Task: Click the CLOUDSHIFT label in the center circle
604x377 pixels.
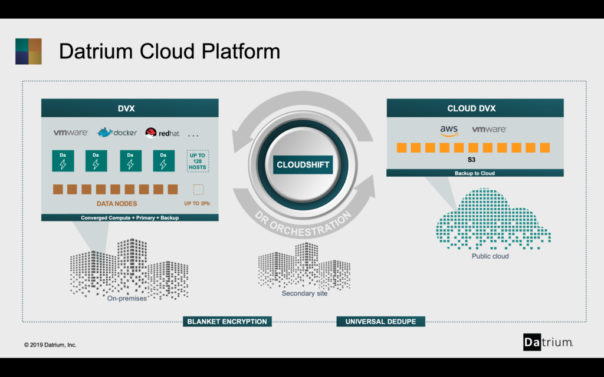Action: click(x=303, y=165)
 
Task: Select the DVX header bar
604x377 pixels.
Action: click(x=130, y=108)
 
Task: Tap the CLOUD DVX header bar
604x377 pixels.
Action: click(x=475, y=108)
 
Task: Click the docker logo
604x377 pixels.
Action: click(x=117, y=133)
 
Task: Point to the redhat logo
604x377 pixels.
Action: click(x=162, y=133)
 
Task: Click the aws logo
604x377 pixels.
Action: click(x=449, y=131)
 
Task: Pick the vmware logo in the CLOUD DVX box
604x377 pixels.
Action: click(x=489, y=129)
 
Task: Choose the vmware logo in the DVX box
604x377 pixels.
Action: click(x=71, y=133)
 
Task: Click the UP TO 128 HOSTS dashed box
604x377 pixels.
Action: click(x=198, y=161)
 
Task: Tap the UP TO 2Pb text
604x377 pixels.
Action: click(x=197, y=203)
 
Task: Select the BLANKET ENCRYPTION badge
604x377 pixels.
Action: click(x=227, y=322)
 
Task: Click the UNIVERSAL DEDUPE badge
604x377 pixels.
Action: click(x=380, y=322)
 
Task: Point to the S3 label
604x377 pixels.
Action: click(x=471, y=160)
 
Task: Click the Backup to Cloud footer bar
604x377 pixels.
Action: click(x=475, y=173)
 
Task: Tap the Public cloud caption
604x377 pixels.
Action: click(x=490, y=256)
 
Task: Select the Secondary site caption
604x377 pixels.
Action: click(x=304, y=293)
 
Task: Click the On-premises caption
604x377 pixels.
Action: click(x=127, y=299)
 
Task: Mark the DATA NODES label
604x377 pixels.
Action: click(x=117, y=203)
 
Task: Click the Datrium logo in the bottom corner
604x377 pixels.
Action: click(x=548, y=342)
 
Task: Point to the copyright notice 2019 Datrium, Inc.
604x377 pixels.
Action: click(x=50, y=345)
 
